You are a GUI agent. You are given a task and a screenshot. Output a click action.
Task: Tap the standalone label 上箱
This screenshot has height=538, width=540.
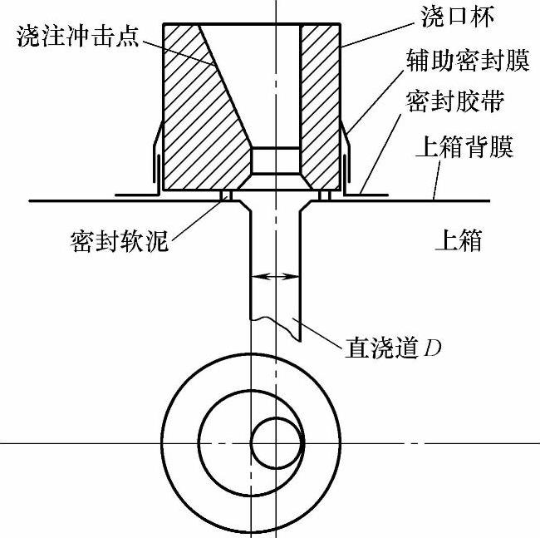(x=459, y=241)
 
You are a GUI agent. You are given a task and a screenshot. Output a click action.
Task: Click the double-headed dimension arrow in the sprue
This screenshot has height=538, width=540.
(x=275, y=276)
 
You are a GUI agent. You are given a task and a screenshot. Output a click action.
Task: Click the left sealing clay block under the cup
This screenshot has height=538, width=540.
(x=225, y=195)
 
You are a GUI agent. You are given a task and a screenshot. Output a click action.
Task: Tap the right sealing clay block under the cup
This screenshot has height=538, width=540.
(x=325, y=195)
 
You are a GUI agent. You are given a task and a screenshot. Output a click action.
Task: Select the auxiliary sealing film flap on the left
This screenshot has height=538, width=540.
(x=155, y=158)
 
